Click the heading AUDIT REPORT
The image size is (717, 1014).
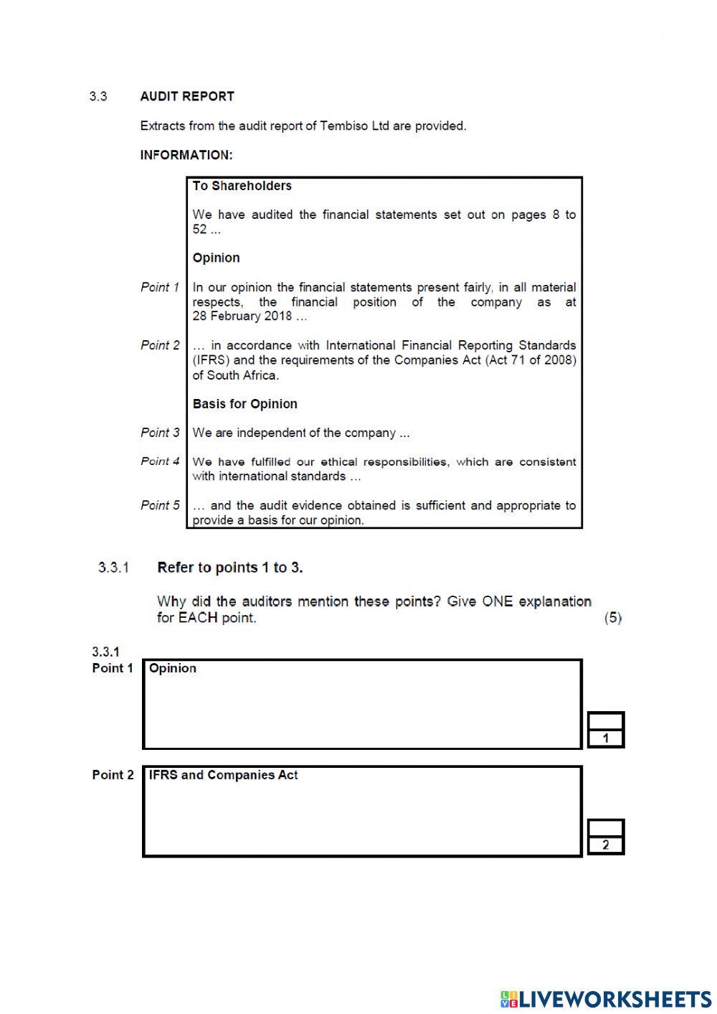(x=187, y=96)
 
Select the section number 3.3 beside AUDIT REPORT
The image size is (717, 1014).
(x=98, y=96)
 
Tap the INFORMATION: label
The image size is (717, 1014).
(x=186, y=155)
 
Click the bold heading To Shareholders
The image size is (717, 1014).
(x=242, y=186)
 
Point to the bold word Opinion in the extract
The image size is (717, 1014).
(x=216, y=258)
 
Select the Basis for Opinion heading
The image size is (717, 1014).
(x=244, y=404)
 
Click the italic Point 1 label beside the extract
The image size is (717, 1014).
(x=160, y=287)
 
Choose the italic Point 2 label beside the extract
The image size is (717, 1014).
(x=160, y=345)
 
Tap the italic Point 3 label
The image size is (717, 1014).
(x=160, y=433)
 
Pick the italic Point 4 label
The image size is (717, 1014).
(x=160, y=461)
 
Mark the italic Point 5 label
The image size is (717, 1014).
(x=160, y=505)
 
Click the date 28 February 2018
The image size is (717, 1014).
(x=242, y=316)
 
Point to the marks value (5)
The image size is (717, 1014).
(x=613, y=618)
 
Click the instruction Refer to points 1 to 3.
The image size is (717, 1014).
(x=229, y=568)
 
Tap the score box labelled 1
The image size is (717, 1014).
(x=606, y=731)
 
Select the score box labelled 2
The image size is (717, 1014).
(x=606, y=837)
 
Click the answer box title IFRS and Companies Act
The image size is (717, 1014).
(x=223, y=775)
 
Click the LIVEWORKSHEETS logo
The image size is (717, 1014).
(x=606, y=999)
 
